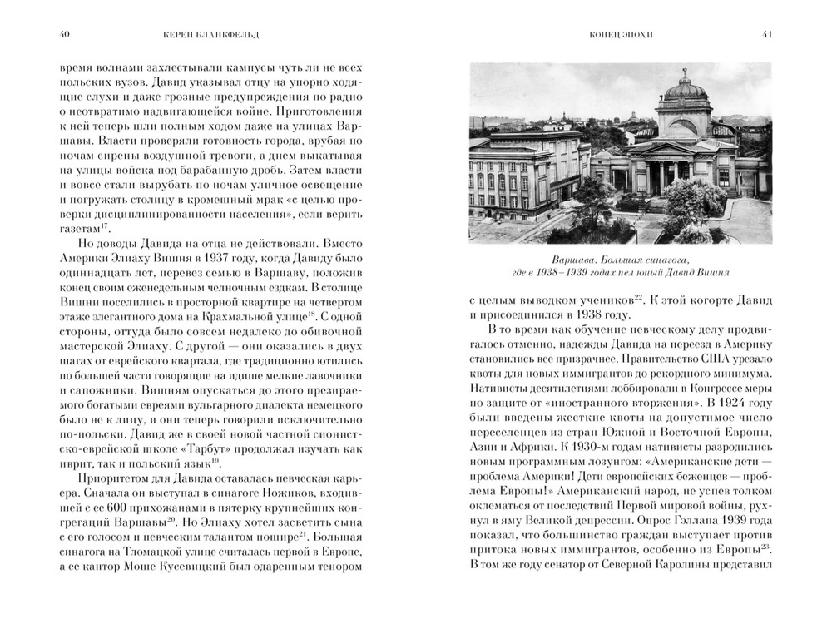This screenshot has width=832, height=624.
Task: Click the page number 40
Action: (54, 34)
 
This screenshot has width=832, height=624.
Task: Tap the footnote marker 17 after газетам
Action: (105, 224)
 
